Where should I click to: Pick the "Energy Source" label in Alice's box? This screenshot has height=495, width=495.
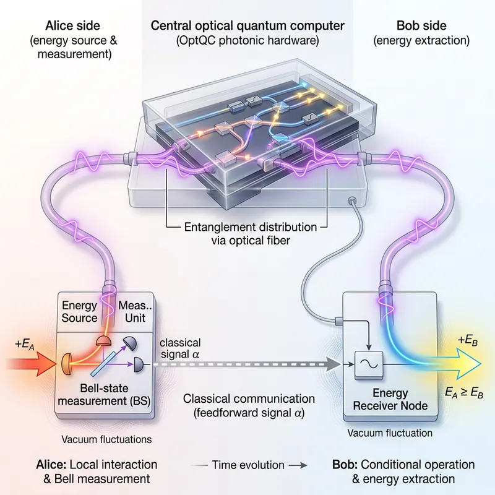80,311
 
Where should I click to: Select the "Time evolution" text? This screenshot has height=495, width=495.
247,464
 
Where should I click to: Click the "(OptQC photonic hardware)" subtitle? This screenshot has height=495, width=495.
247,41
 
